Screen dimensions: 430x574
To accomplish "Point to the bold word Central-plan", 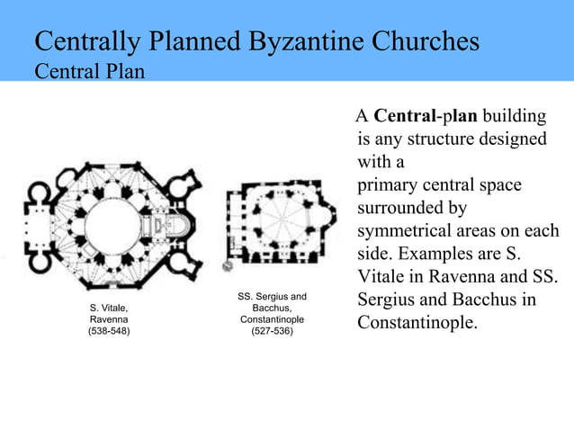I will (426, 117).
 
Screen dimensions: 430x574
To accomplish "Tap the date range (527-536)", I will (271, 331).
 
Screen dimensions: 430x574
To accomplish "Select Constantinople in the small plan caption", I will (271, 319).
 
